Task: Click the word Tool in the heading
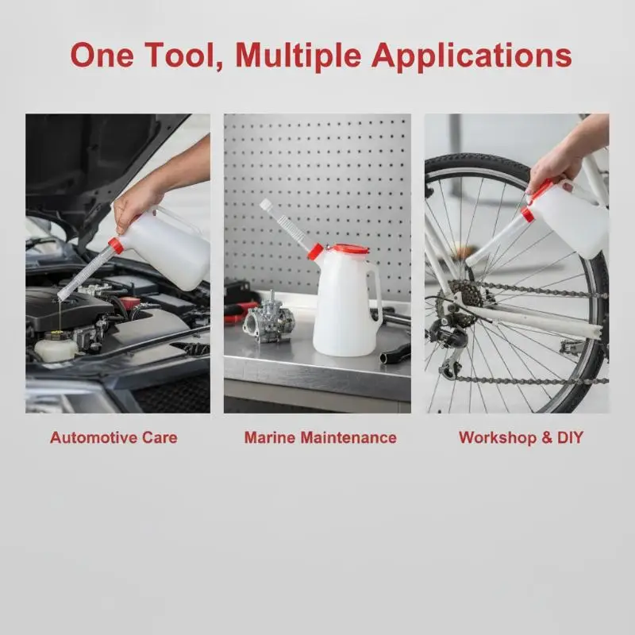point(181,56)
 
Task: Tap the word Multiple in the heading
point(298,56)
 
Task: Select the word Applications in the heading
point(471,56)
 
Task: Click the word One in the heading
point(102,56)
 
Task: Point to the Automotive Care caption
point(114,438)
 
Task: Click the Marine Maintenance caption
point(321,438)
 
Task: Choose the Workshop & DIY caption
point(521,438)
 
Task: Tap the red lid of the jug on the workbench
point(351,248)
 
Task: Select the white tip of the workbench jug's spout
point(266,205)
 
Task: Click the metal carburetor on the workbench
point(268,319)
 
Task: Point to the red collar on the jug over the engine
point(116,246)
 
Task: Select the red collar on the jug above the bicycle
point(527,214)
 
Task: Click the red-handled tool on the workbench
point(241,311)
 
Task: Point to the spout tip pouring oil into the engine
point(62,296)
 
